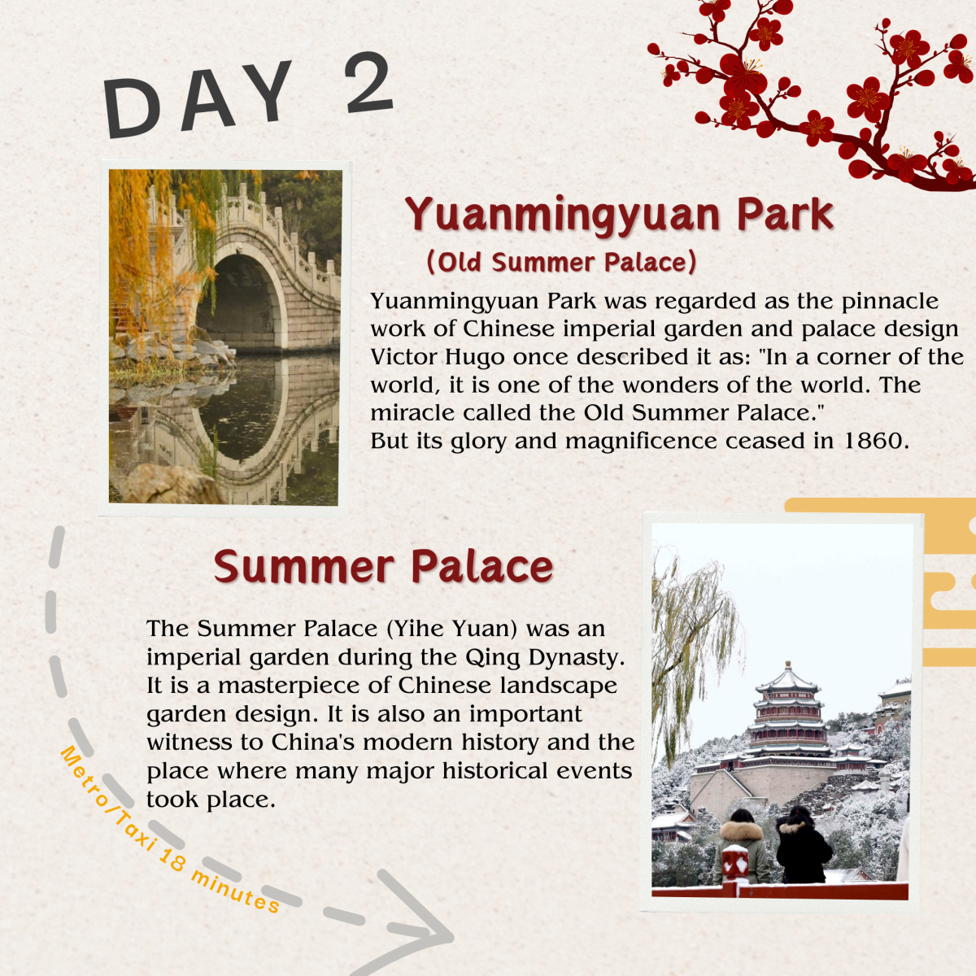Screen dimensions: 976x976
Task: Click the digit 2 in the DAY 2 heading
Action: tap(368, 83)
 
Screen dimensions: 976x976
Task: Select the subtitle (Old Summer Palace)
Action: tap(562, 263)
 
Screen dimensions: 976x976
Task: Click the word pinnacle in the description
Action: tap(890, 302)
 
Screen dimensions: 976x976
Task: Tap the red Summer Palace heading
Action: tap(383, 566)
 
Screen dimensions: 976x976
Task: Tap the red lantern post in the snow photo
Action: tap(735, 864)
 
